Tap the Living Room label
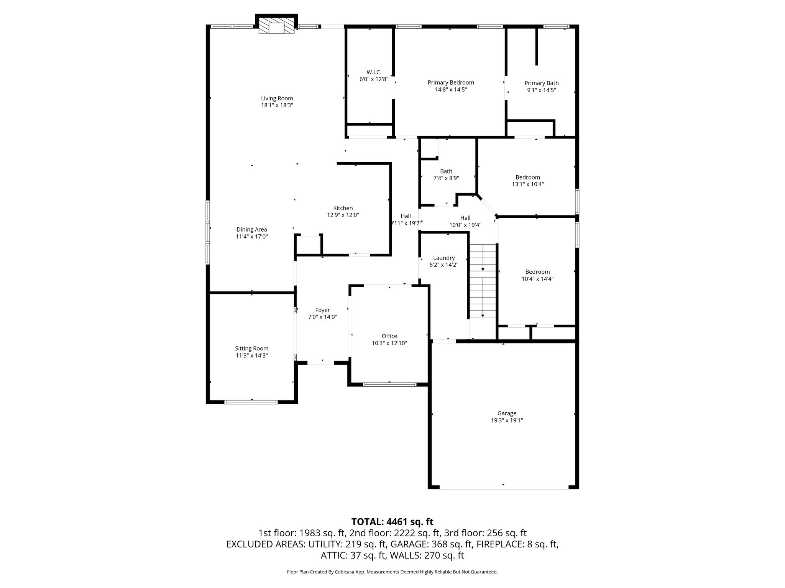(277, 98)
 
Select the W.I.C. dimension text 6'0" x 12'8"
(374, 79)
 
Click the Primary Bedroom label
(451, 82)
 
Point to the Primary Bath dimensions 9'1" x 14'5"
(542, 90)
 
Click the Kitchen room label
(343, 208)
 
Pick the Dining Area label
(252, 230)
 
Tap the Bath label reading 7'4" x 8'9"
(446, 178)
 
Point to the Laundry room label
(444, 258)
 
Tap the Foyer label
(322, 310)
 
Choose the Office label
(389, 336)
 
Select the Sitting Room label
(252, 348)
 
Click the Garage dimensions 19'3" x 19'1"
(507, 420)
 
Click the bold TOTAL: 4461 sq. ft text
(392, 521)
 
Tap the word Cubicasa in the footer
(347, 572)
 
